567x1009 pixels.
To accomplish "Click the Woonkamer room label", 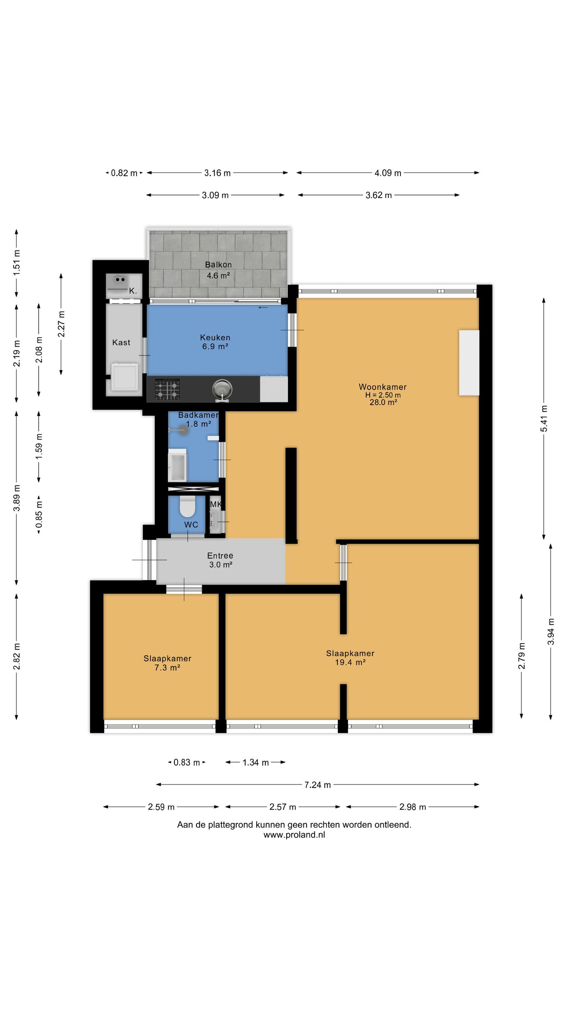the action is point(382,387).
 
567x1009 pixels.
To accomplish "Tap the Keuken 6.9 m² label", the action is point(215,342).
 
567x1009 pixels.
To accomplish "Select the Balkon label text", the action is point(218,265).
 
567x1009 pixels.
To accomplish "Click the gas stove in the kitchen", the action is point(167,389).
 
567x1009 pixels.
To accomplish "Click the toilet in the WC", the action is point(188,507).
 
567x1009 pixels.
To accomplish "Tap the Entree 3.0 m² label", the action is point(220,560).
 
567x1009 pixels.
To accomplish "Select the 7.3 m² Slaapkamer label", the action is point(167,663).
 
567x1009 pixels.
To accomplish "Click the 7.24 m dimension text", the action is point(317,785).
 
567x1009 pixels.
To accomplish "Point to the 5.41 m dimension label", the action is point(544,419).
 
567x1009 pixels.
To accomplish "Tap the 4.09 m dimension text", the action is point(388,173).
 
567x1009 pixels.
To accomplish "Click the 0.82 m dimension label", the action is point(124,173).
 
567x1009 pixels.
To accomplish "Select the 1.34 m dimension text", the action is point(256,763).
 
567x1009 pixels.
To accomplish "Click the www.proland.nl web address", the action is point(294,834).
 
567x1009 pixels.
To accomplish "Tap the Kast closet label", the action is point(121,343).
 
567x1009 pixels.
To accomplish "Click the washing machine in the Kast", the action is point(125,377).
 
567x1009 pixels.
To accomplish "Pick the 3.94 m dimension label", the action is point(551,631).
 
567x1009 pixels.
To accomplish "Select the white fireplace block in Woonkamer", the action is point(469,363).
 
